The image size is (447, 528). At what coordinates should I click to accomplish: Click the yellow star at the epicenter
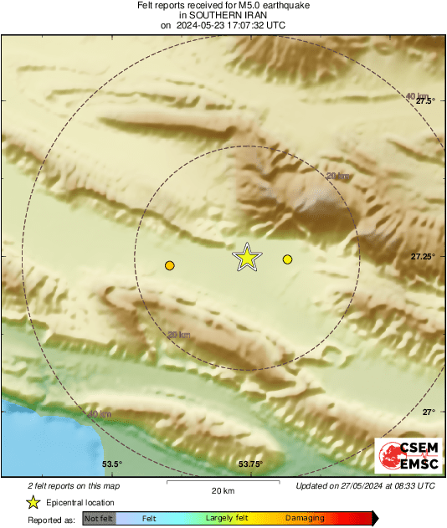[x=247, y=257]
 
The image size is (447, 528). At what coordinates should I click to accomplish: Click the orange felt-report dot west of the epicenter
[x=170, y=265]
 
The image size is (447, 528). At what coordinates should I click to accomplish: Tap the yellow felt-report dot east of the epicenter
[x=287, y=259]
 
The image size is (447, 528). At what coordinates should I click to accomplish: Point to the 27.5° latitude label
[x=424, y=100]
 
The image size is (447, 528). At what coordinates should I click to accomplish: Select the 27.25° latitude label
[x=423, y=256]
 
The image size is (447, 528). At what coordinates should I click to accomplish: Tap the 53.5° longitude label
[x=111, y=464]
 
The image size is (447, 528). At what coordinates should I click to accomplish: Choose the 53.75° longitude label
[x=250, y=464]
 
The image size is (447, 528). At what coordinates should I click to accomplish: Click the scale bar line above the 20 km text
[x=223, y=482]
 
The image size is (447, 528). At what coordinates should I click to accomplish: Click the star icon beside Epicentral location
[x=33, y=502]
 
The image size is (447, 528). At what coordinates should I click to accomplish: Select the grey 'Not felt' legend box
[x=99, y=518]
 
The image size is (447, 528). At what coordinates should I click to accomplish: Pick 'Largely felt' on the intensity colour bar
[x=225, y=518]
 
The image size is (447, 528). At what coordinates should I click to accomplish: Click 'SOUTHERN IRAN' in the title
[x=223, y=15]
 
